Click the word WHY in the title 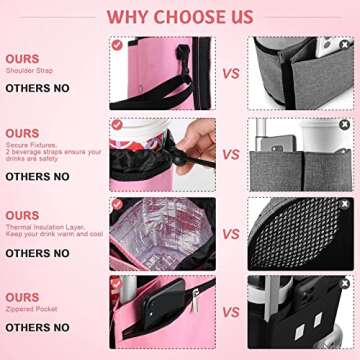(x=128, y=16)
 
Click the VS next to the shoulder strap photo (x=230, y=74)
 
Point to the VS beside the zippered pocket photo (x=230, y=314)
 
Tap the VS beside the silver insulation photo (x=230, y=235)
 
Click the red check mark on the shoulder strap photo (x=117, y=45)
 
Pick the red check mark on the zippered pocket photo (x=117, y=284)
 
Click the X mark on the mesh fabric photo (x=344, y=205)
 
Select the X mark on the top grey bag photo (x=344, y=45)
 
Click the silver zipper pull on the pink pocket (x=192, y=301)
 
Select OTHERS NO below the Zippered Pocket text (x=37, y=327)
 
